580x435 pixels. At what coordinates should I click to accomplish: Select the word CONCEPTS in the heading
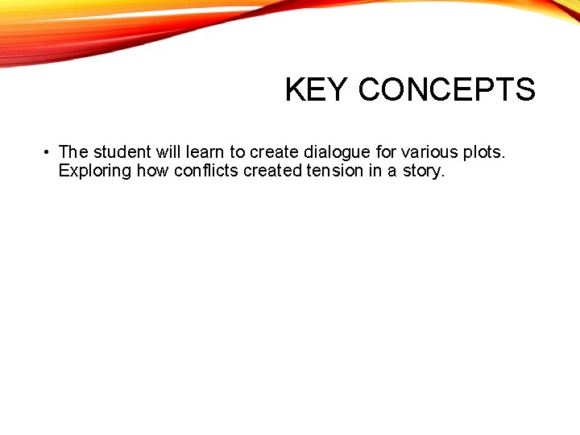(447, 90)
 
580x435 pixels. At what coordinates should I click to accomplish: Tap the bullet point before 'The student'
(48, 151)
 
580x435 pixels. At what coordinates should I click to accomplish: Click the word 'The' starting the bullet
(73, 151)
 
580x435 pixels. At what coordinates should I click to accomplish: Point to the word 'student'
(118, 151)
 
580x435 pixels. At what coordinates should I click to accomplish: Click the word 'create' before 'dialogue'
(275, 151)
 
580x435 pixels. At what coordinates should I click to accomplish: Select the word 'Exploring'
(95, 172)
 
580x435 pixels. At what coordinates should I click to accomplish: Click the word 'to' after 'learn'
(238, 151)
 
